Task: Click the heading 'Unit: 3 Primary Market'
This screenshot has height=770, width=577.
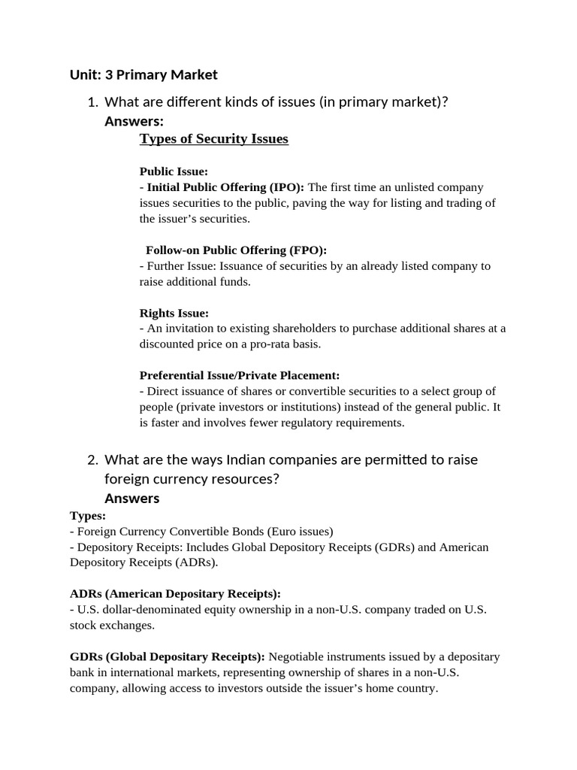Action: (x=143, y=74)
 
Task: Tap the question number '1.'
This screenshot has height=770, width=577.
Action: (x=93, y=102)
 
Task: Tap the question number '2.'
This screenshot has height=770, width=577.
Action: (x=93, y=459)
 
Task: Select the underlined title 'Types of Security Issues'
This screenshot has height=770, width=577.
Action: (x=214, y=139)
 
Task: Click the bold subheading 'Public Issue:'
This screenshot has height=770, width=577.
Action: (x=174, y=171)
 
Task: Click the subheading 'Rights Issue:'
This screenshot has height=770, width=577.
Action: (x=174, y=312)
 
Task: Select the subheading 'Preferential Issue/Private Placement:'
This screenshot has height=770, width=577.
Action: (x=240, y=374)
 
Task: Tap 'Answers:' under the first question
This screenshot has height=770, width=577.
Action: (x=134, y=121)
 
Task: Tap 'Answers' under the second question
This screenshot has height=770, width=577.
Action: (x=131, y=499)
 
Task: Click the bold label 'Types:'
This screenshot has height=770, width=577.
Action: (x=88, y=515)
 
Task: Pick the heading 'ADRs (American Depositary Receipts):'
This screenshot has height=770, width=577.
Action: (x=175, y=593)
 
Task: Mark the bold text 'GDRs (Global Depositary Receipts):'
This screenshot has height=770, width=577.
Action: (x=167, y=656)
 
